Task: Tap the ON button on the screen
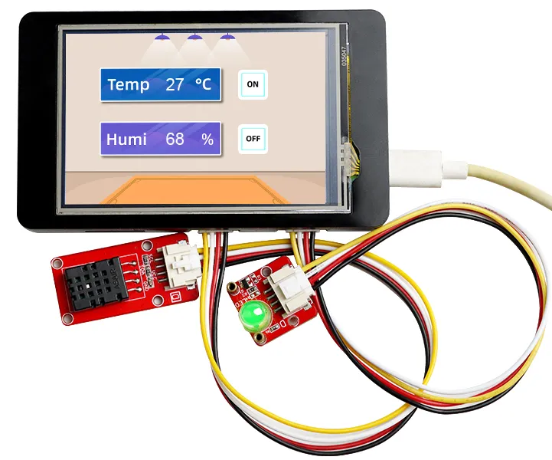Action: click(253, 84)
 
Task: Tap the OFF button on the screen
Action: click(253, 140)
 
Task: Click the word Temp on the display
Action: click(129, 84)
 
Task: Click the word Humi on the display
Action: click(126, 140)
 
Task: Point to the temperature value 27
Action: click(175, 84)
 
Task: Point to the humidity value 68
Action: click(175, 140)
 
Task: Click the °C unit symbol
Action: click(203, 84)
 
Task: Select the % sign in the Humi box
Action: click(207, 140)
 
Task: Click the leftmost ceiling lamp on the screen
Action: click(162, 37)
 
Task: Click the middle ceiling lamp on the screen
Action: click(195, 37)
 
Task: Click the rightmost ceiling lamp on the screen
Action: click(227, 37)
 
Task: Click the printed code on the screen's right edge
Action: click(342, 58)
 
